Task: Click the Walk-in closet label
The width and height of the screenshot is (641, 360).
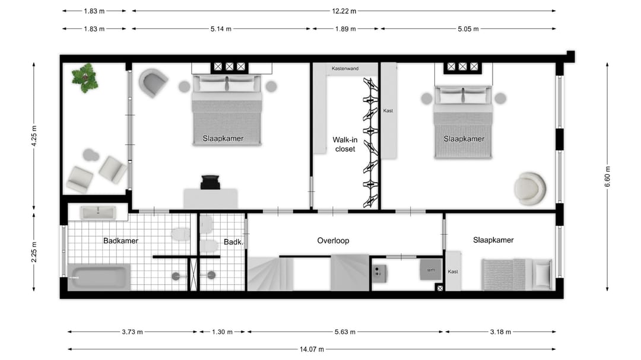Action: (345, 144)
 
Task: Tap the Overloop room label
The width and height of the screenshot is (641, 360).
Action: (333, 241)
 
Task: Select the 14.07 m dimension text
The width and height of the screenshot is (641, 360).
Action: (312, 349)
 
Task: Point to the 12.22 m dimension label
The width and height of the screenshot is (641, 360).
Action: (344, 11)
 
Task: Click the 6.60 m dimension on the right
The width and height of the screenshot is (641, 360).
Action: (608, 177)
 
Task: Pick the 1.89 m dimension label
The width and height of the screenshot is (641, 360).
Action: (345, 28)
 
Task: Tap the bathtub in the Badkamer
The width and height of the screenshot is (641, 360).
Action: (99, 278)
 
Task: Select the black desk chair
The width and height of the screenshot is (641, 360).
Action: (211, 182)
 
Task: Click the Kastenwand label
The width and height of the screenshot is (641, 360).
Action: (345, 69)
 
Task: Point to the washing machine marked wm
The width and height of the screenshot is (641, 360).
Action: (431, 270)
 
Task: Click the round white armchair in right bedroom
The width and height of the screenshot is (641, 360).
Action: (530, 189)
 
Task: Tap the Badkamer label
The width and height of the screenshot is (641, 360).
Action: (120, 241)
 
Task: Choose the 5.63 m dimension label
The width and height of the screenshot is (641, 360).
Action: (345, 332)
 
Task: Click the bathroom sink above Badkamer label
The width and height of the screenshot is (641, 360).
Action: (98, 212)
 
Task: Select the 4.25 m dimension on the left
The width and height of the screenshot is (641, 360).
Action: (34, 136)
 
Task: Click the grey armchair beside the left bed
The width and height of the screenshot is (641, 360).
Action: (153, 83)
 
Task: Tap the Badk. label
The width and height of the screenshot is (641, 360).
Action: (233, 242)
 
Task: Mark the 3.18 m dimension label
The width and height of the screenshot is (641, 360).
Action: (500, 332)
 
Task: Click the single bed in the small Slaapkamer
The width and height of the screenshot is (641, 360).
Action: (517, 274)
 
